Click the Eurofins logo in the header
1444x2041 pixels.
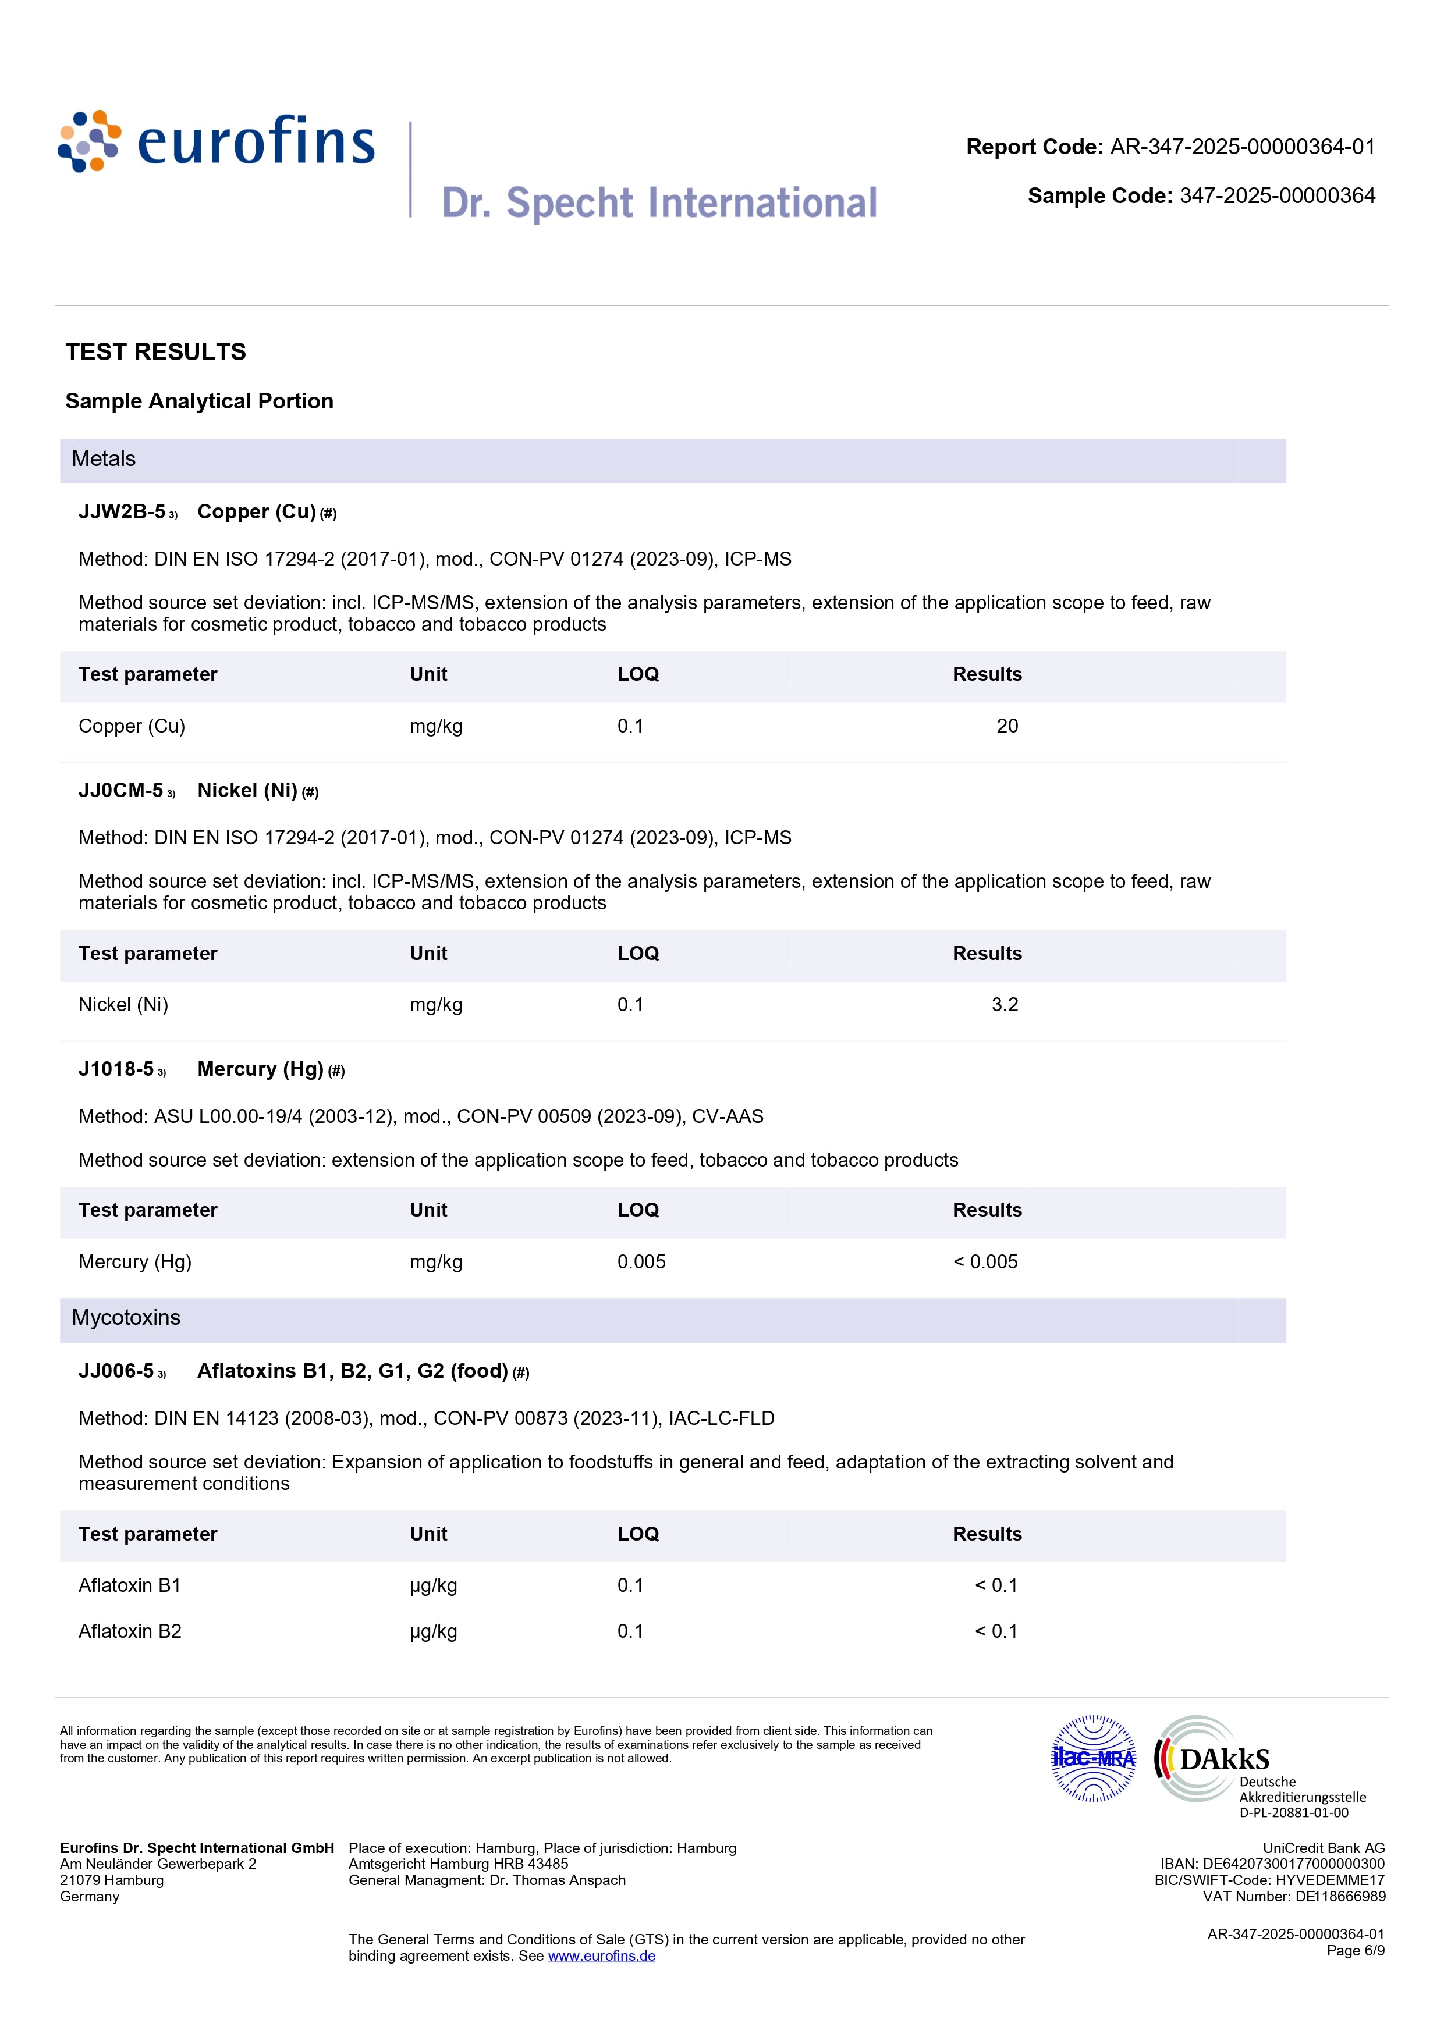[216, 142]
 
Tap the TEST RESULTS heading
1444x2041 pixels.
[155, 352]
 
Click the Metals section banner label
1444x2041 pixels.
[104, 460]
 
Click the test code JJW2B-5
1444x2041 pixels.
[122, 512]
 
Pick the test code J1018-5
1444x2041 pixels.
[116, 1069]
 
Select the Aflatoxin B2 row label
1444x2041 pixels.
[130, 1631]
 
